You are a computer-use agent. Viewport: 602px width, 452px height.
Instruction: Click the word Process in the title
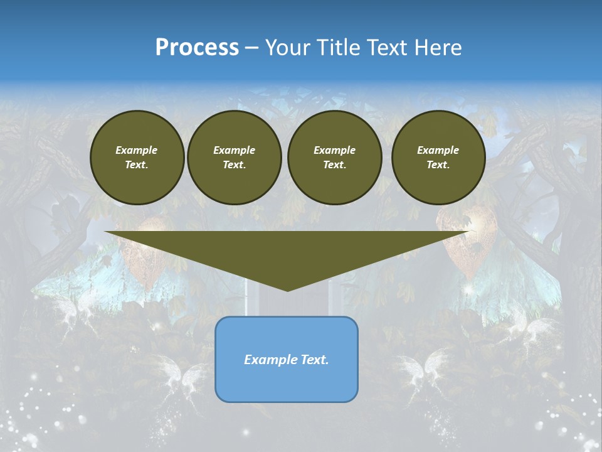pyautogui.click(x=197, y=48)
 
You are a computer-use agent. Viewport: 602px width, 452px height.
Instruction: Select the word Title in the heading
pyautogui.click(x=339, y=48)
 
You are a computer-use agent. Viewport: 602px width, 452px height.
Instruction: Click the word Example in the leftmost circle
pyautogui.click(x=137, y=150)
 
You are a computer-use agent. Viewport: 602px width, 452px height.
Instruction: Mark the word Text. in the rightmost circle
pyautogui.click(x=438, y=164)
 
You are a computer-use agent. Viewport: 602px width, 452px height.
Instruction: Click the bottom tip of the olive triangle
pyautogui.click(x=287, y=290)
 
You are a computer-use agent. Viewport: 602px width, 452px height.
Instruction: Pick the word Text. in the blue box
pyautogui.click(x=315, y=360)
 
